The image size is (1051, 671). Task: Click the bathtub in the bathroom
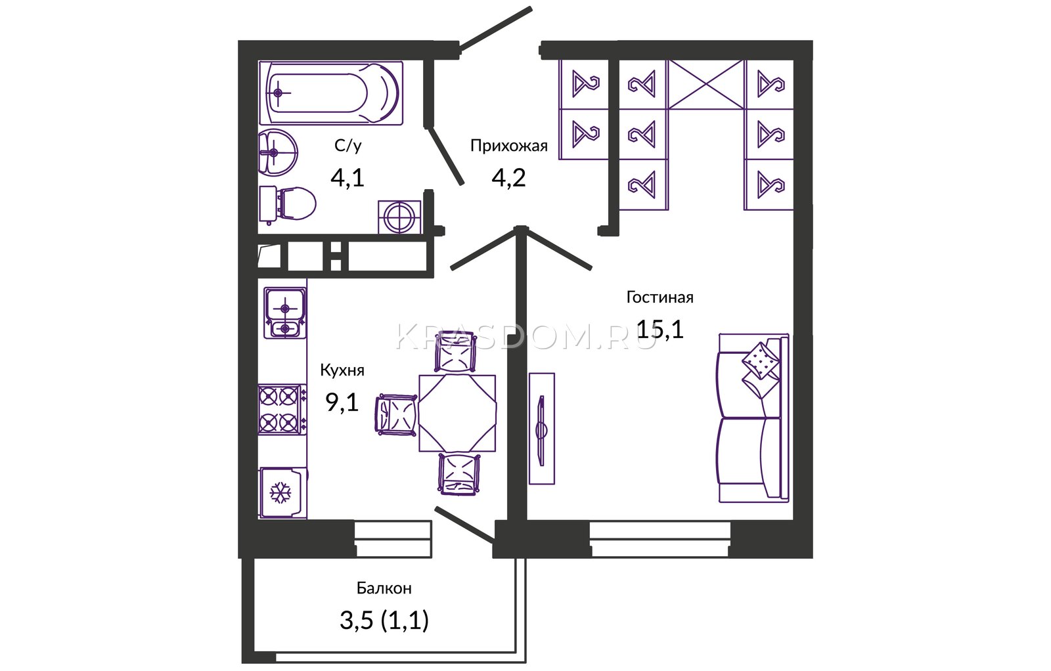click(x=331, y=93)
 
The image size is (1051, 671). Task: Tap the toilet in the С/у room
click(x=287, y=204)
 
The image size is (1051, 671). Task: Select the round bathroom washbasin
click(x=277, y=152)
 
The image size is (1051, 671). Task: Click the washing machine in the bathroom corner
click(x=399, y=217)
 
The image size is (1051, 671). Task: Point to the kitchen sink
click(x=285, y=313)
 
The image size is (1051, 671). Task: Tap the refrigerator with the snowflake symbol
click(x=283, y=492)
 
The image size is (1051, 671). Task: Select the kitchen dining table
click(x=457, y=412)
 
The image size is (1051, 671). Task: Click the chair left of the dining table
click(x=397, y=415)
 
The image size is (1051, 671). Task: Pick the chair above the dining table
click(x=455, y=352)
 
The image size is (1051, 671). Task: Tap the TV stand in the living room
click(x=542, y=428)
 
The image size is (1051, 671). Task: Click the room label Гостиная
click(x=660, y=297)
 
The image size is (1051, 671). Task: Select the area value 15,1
click(x=660, y=329)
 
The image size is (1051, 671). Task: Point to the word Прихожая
click(x=509, y=146)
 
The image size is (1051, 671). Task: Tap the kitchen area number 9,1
click(x=342, y=402)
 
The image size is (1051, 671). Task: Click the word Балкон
click(x=384, y=588)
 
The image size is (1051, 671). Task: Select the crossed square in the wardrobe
click(x=706, y=85)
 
